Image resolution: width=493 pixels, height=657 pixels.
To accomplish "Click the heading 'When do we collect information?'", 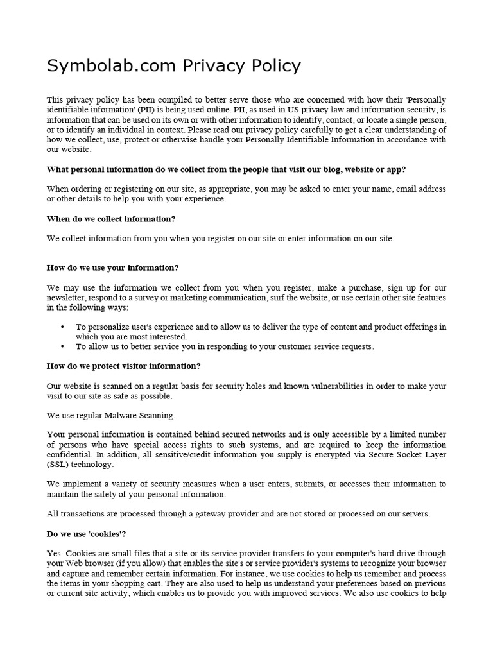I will pos(111,219).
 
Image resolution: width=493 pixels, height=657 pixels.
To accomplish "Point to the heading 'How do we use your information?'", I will pos(112,268).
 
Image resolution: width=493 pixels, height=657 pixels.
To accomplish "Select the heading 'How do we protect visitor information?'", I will pos(124,366).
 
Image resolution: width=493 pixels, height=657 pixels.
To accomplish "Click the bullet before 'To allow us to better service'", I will pos(62,346).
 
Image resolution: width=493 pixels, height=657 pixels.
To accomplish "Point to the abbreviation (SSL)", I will pos(58,465).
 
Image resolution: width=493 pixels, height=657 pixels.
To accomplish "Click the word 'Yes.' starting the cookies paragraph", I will pos(55,553).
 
